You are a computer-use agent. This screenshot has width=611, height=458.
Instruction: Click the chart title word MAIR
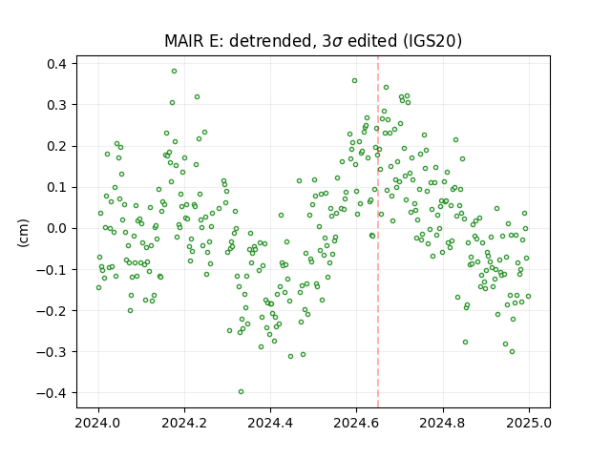[x=184, y=41]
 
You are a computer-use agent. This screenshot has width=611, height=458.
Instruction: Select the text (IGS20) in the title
[x=432, y=41]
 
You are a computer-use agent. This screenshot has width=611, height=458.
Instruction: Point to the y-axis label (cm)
[x=23, y=233]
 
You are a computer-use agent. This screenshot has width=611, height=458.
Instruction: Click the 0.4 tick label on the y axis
[x=57, y=64]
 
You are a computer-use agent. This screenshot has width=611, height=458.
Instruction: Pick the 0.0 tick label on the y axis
[x=57, y=229]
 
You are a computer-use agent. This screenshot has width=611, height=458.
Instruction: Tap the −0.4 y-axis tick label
[x=53, y=393]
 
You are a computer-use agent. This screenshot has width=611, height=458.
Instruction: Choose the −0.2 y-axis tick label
[x=53, y=311]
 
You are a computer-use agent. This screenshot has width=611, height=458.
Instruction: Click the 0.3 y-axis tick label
[x=57, y=105]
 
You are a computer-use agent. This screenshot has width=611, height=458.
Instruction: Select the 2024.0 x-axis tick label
[x=98, y=423]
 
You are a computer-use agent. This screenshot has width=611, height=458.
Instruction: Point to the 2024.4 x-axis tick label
[x=270, y=423]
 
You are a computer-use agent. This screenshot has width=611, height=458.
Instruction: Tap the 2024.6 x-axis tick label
[x=356, y=423]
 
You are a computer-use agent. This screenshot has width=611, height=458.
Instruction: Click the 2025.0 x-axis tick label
[x=529, y=423]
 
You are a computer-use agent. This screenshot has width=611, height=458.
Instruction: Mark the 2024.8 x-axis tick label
[x=443, y=423]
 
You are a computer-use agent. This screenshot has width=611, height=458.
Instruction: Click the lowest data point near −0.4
[x=241, y=392]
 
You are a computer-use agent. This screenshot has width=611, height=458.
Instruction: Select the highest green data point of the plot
[x=174, y=72]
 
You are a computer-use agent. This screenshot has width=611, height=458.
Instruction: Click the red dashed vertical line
[x=378, y=232]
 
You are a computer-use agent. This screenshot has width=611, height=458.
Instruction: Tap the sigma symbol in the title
[x=337, y=42]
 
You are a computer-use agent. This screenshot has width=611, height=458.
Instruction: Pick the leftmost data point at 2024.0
[x=98, y=288]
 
